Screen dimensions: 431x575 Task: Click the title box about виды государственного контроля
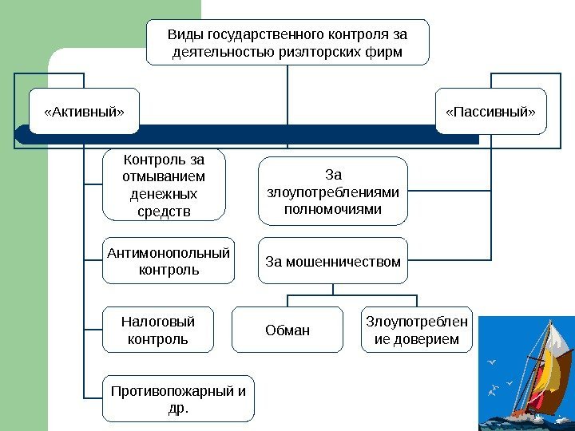click(287, 42)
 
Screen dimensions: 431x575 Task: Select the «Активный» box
click(84, 111)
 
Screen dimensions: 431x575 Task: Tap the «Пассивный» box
click(490, 111)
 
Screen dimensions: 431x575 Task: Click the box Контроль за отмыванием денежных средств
click(164, 184)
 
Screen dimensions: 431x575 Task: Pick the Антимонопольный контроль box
click(169, 260)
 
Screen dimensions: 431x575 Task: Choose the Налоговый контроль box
click(158, 330)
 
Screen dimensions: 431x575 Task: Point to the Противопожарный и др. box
click(178, 398)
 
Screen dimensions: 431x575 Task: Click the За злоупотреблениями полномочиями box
click(332, 191)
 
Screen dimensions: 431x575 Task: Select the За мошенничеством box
click(332, 259)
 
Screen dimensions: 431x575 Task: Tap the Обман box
click(287, 330)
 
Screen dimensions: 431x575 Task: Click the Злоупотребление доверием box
click(417, 330)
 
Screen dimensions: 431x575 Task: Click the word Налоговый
click(158, 322)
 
